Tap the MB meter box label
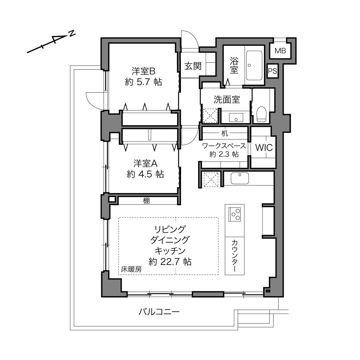(x=280, y=50)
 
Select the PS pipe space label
(x=273, y=71)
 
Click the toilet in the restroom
(x=261, y=114)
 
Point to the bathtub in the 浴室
(x=254, y=65)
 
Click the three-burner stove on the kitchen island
(x=235, y=215)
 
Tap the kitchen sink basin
(x=240, y=178)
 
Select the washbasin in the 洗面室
(x=236, y=118)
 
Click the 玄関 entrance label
(x=193, y=66)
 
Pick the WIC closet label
(x=264, y=148)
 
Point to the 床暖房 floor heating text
(x=131, y=269)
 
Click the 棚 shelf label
(x=146, y=201)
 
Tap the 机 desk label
(x=225, y=133)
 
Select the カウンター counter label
(x=234, y=256)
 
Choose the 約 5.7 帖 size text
(x=143, y=82)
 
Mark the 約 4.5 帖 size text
(x=145, y=174)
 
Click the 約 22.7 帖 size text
(x=170, y=262)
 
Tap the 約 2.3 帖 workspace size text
(x=224, y=154)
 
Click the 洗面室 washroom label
(x=227, y=99)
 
